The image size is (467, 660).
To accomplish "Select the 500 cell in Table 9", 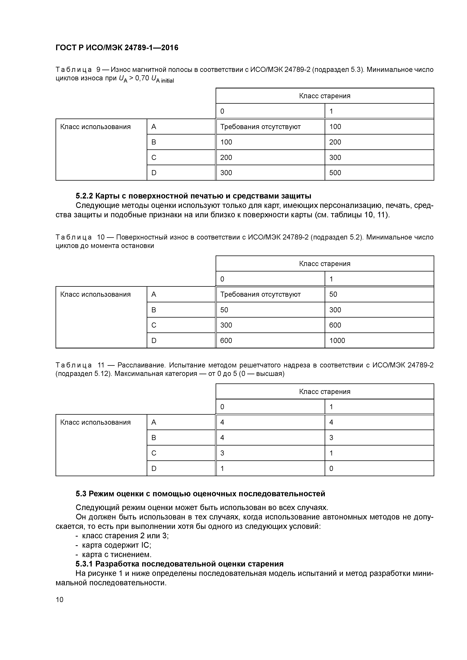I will click(335, 173).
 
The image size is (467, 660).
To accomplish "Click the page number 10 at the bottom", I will click(60, 600).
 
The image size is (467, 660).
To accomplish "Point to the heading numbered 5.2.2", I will click(193, 196).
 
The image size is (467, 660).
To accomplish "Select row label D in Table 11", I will click(154, 468).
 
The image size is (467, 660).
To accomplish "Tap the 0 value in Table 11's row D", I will click(331, 468).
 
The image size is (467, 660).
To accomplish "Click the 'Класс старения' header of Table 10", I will click(325, 264).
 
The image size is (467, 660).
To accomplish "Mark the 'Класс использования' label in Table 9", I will click(95, 127).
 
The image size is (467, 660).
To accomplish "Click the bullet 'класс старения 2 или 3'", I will click(125, 536).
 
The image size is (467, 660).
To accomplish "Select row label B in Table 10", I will click(154, 310).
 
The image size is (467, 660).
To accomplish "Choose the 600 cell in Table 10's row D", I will click(226, 341).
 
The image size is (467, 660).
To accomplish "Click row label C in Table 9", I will click(154, 157).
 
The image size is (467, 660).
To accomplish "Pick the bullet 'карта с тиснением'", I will click(117, 554).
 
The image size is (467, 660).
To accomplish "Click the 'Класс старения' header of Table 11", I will click(325, 392).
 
